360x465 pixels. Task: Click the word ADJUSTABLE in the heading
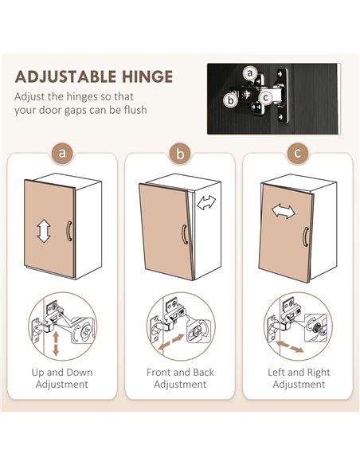[x=66, y=76]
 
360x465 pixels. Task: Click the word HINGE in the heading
[x=147, y=76]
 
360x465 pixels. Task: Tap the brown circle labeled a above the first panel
[x=62, y=154]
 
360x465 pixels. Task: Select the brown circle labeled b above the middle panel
[x=180, y=154]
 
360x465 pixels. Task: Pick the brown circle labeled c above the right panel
[x=297, y=154]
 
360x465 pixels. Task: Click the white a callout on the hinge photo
[x=251, y=72]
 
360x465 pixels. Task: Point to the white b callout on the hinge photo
[x=230, y=100]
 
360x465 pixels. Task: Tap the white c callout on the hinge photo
[x=266, y=97]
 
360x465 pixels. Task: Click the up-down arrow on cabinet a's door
[x=44, y=231]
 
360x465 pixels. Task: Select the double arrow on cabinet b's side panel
[x=207, y=202]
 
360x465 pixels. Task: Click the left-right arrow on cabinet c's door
[x=284, y=211]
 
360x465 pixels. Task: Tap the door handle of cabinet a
[x=69, y=231]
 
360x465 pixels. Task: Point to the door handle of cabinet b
[x=184, y=234]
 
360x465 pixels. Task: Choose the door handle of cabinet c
[x=305, y=236]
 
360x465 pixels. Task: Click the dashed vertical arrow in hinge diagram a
[x=56, y=344]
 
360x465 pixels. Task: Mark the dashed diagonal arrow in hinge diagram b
[x=171, y=342]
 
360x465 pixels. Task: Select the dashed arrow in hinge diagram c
[x=289, y=346]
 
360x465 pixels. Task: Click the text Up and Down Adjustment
[x=62, y=378]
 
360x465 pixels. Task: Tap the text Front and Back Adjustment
[x=180, y=378]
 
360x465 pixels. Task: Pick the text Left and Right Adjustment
[x=299, y=378]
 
